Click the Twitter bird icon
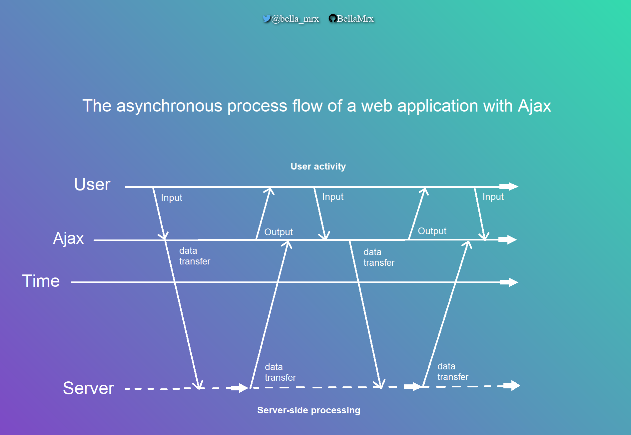pos(266,18)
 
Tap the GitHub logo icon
pos(332,18)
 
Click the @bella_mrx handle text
pos(295,19)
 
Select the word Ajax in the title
pos(534,106)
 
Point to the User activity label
pos(318,166)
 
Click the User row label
pos(92,184)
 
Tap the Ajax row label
pos(68,238)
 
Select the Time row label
pos(41,281)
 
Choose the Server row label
pos(88,388)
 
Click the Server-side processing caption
pos(309,410)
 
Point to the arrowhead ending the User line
pos(511,187)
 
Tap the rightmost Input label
pos(493,197)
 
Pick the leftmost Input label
pos(172,198)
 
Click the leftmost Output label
pos(279,232)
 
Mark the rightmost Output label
pos(432,231)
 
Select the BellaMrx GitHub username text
pos(355,19)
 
